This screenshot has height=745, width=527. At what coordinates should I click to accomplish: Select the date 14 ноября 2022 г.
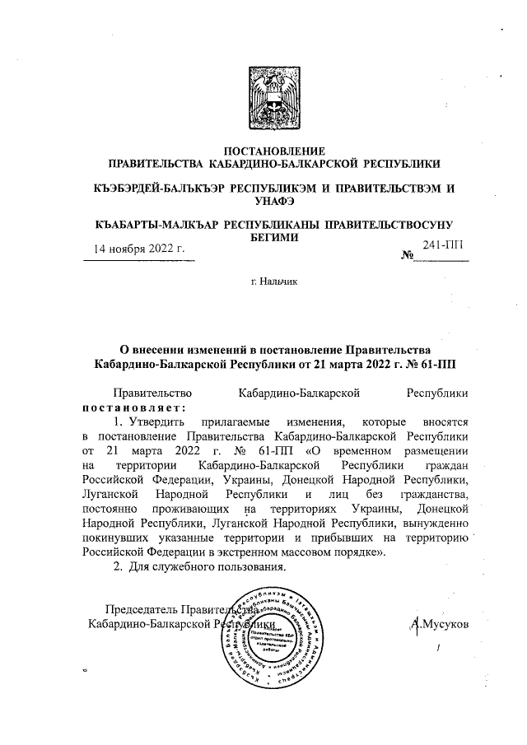tap(138, 248)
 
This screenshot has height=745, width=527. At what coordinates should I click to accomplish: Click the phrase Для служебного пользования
tap(207, 568)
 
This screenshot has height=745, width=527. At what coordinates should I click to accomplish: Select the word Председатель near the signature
tap(138, 610)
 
